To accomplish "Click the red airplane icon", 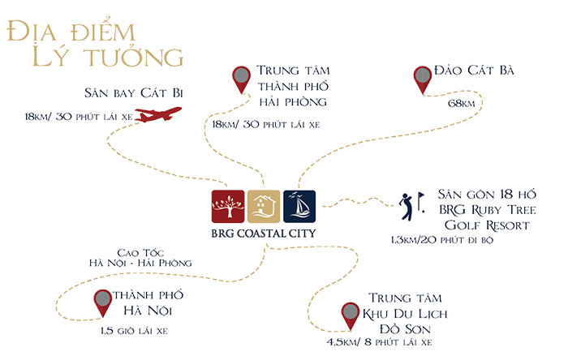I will pyautogui.click(x=157, y=116).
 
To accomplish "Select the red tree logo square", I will pyautogui.click(x=227, y=208).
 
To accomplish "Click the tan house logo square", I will pyautogui.click(x=264, y=208).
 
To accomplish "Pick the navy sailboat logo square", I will pyautogui.click(x=299, y=208).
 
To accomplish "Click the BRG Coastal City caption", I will pyautogui.click(x=264, y=235).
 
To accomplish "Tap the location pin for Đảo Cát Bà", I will pyautogui.click(x=422, y=79).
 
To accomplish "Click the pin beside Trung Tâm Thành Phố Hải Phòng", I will pyautogui.click(x=241, y=79).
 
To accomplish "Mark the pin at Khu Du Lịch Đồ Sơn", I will pyautogui.click(x=350, y=313).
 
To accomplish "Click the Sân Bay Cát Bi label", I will pyautogui.click(x=136, y=96).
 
